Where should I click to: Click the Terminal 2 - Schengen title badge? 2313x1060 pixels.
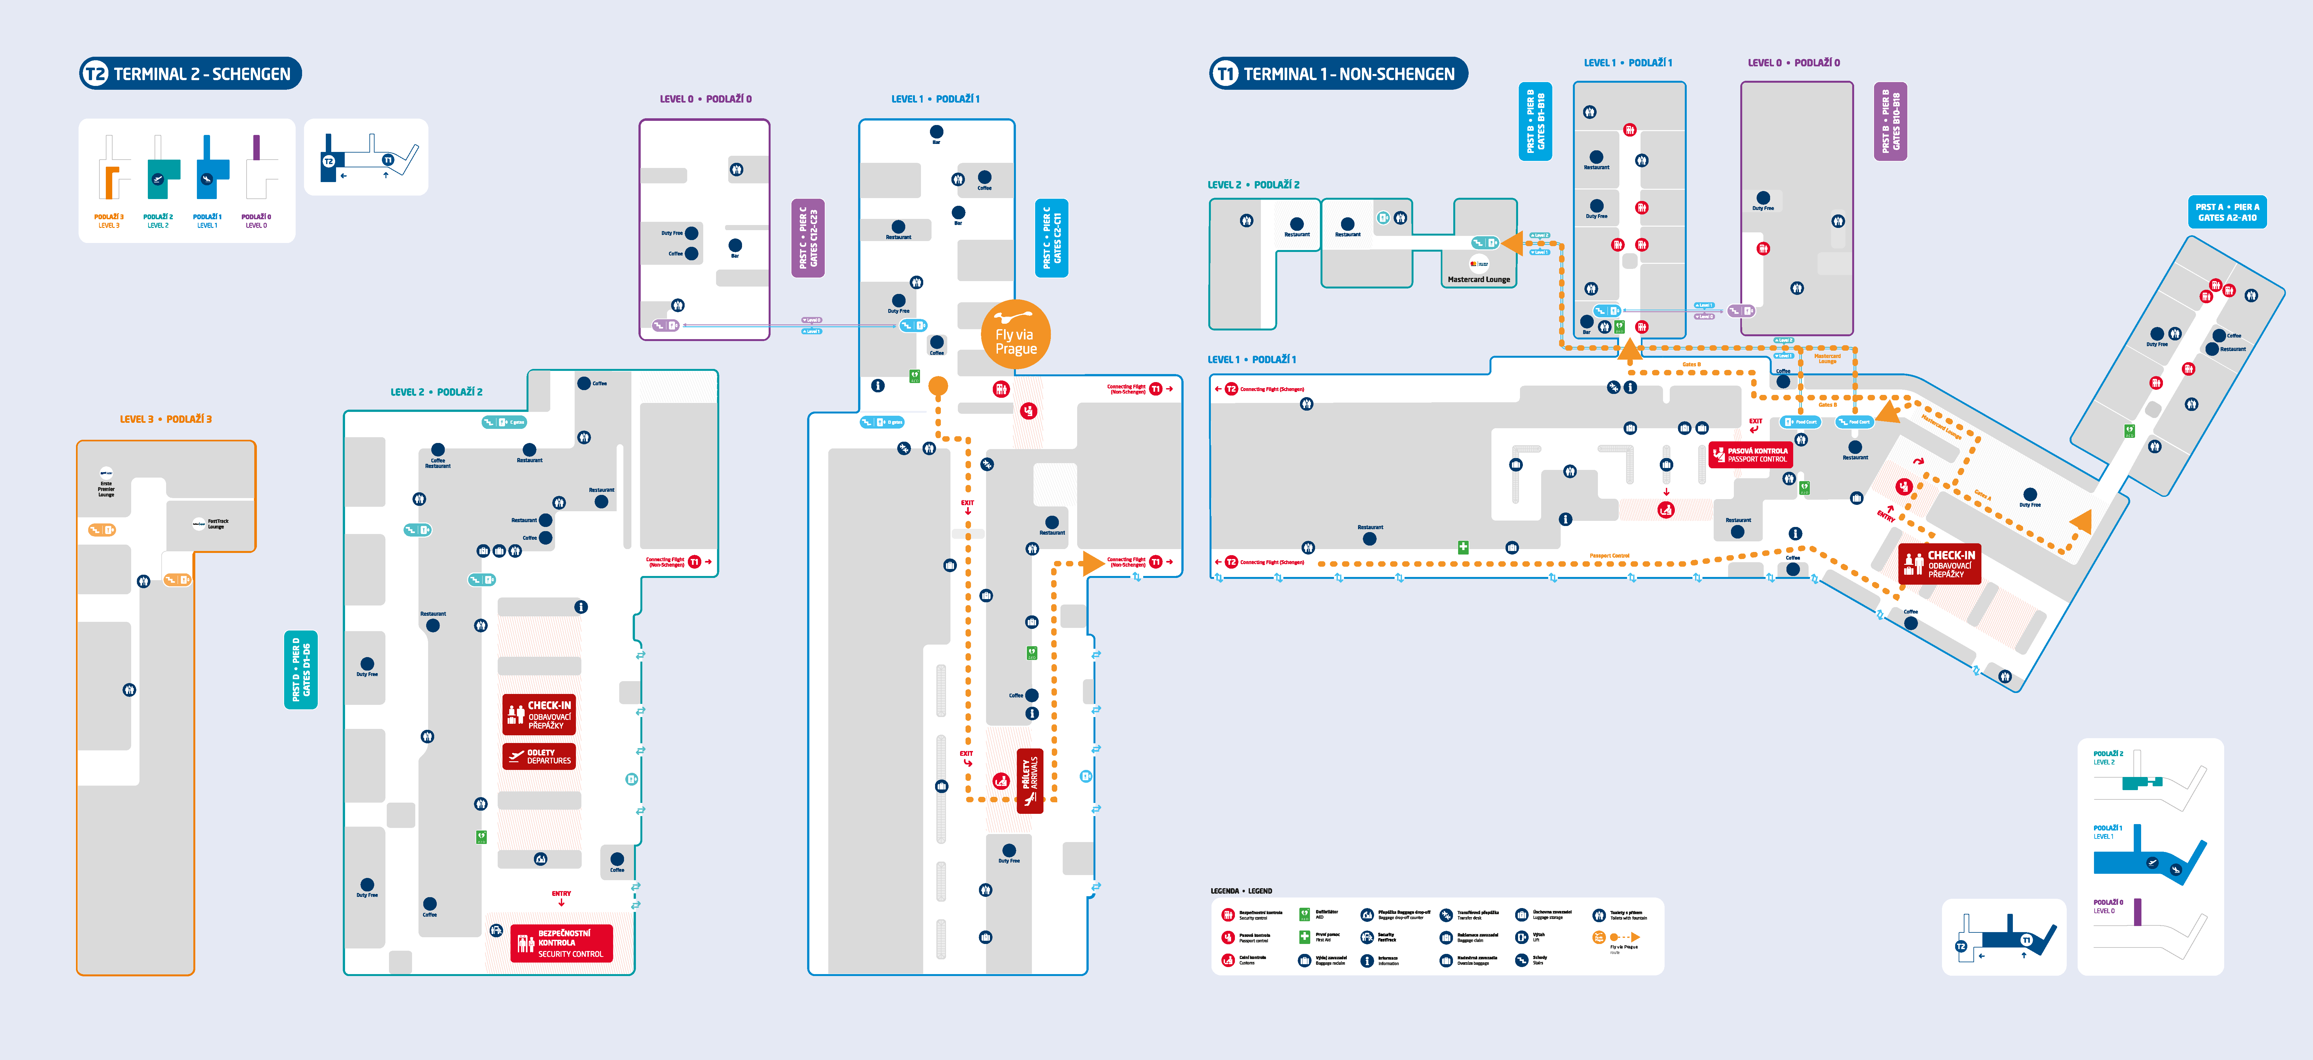click(x=190, y=74)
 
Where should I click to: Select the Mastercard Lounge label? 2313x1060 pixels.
click(x=1478, y=279)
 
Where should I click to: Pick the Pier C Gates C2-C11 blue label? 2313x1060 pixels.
click(x=1051, y=238)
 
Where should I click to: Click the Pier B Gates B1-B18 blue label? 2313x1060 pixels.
click(x=1535, y=121)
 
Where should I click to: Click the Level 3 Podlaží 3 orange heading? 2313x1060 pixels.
click(x=166, y=419)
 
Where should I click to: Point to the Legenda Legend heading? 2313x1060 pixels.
click(x=1241, y=891)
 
